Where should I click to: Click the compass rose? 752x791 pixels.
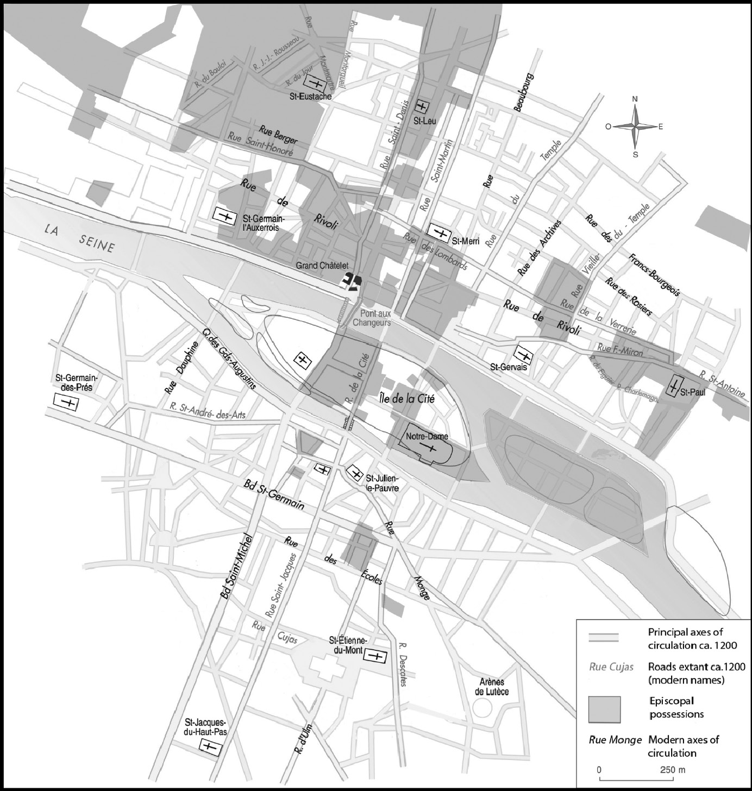pos(635,127)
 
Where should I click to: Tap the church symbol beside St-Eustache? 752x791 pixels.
pos(315,83)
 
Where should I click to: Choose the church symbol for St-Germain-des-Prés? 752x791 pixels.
pos(67,403)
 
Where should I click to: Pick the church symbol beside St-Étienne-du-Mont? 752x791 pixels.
pos(374,656)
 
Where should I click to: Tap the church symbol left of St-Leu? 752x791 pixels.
pos(422,106)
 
